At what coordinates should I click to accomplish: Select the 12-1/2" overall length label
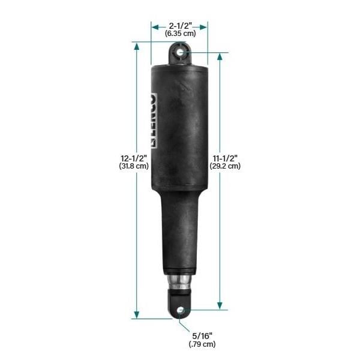133,158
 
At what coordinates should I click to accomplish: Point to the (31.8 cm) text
133,166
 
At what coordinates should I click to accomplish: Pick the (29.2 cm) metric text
226,166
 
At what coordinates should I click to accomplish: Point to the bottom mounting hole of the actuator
180,310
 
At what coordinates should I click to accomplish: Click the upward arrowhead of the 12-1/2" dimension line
137,45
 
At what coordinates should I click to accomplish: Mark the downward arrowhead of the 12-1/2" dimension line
137,316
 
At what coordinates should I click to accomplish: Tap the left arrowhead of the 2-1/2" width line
153,26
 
